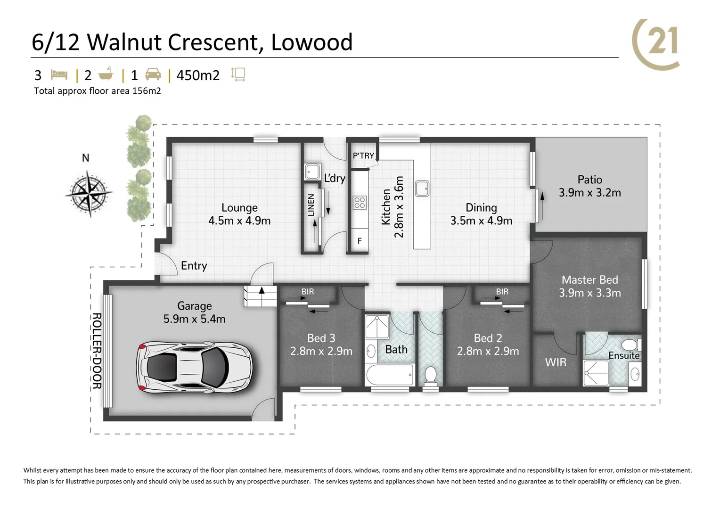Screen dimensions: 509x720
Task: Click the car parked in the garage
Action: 194,367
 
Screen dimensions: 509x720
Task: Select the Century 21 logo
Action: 656,43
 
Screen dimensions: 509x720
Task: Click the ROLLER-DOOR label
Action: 97,351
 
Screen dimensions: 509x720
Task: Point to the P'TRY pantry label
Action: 363,156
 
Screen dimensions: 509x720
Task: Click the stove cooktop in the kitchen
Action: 360,203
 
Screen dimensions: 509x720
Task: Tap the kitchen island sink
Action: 422,188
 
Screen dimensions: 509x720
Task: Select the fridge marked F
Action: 359,241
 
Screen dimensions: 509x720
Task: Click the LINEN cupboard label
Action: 311,205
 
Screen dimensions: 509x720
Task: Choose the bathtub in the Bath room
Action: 390,376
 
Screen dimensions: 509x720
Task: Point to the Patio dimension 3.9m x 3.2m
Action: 589,193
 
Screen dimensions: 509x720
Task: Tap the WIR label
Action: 556,362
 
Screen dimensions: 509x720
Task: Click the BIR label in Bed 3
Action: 307,292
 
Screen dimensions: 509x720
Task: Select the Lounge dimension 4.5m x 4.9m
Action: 239,221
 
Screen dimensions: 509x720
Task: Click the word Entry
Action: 194,266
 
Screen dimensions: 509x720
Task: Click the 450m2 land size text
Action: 198,75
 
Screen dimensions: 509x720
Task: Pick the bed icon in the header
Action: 59,75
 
